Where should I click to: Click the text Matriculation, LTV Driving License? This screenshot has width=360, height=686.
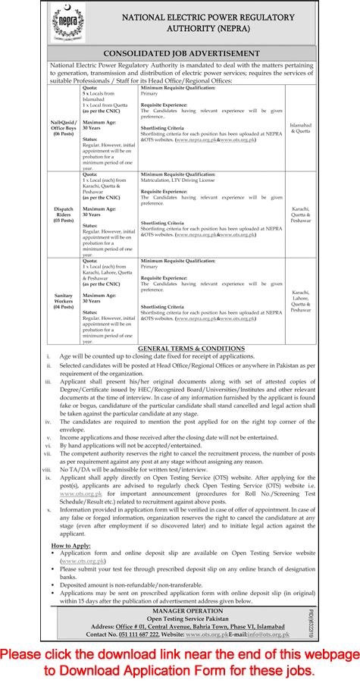click(186, 181)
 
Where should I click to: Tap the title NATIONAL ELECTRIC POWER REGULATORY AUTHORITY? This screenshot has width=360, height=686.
click(204, 23)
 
